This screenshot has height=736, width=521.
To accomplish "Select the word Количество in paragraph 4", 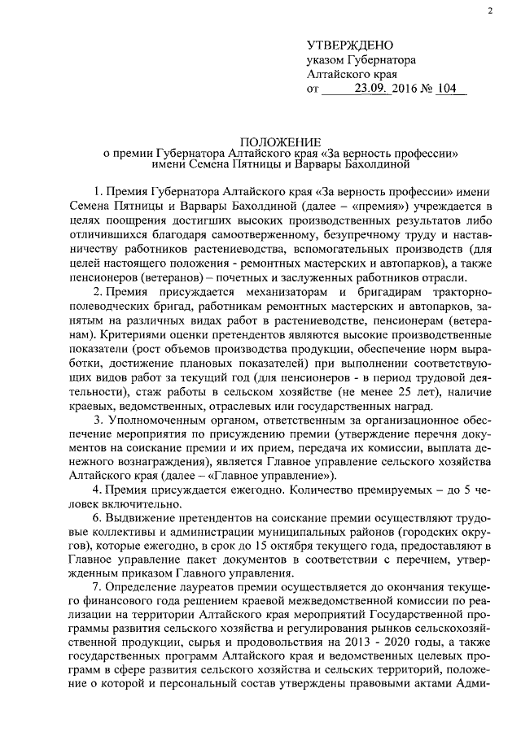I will click(318, 493).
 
